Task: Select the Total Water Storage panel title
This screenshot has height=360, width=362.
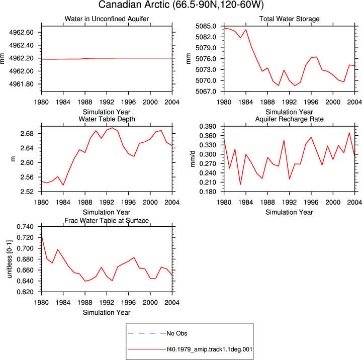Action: (289, 19)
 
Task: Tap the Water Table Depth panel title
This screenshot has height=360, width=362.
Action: (107, 119)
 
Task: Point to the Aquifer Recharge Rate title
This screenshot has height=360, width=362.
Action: (289, 119)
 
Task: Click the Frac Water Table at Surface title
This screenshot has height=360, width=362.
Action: (107, 221)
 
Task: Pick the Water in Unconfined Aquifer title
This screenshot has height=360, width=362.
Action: (107, 19)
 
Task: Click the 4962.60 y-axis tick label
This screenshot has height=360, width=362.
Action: (22, 32)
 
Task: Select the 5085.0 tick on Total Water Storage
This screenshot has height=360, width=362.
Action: (206, 26)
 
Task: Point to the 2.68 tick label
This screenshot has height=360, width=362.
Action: (27, 133)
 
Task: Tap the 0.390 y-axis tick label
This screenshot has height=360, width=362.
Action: (208, 126)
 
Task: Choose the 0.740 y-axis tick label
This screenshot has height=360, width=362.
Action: (25, 227)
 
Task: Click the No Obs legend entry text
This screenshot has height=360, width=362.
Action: (177, 333)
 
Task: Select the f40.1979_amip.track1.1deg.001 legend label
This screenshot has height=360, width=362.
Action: (209, 349)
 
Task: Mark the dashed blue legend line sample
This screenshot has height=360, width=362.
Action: (147, 333)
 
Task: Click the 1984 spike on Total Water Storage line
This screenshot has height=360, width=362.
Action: (246, 30)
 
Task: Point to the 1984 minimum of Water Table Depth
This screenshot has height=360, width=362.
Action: (63, 185)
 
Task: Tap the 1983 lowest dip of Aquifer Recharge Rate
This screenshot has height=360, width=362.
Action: (240, 185)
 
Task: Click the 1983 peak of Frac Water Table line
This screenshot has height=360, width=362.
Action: (58, 249)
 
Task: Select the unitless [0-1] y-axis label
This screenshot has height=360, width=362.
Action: (9, 259)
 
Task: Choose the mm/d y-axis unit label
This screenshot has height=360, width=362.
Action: (193, 159)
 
